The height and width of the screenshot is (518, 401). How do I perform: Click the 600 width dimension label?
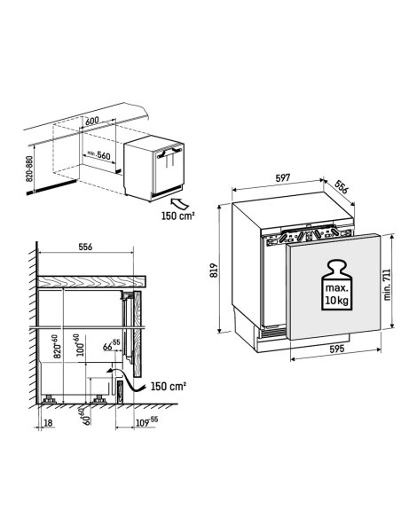click(92, 121)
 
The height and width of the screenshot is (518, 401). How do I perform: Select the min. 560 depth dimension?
click(98, 155)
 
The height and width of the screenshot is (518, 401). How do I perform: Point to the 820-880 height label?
click(29, 169)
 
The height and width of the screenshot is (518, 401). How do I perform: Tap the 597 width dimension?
click(283, 178)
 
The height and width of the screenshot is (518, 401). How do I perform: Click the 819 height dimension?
click(215, 270)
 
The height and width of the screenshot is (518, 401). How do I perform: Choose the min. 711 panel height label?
click(387, 285)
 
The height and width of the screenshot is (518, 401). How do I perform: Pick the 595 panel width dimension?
click(337, 349)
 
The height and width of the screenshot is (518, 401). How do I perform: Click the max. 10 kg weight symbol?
click(336, 285)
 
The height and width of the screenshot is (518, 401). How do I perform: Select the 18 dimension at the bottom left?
click(48, 422)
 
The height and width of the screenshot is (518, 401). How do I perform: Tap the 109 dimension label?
click(146, 422)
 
